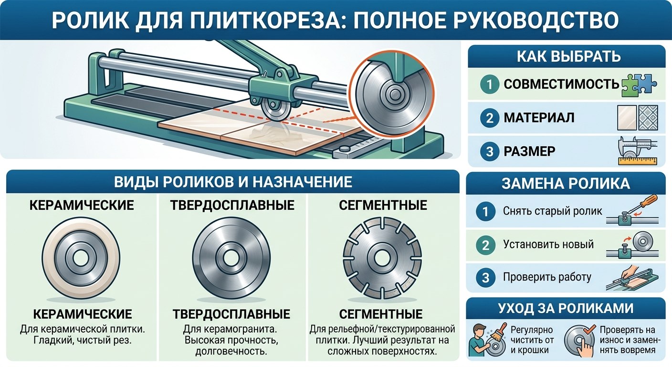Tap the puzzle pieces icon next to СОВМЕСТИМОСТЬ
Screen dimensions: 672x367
639,85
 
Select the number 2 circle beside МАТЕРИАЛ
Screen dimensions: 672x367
489,118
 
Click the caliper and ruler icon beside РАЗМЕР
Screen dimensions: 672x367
638,151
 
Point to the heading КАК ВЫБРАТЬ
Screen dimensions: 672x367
568,56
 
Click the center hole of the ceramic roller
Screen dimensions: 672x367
81,258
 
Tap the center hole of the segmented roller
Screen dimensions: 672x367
382,258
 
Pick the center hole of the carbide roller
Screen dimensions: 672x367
231,258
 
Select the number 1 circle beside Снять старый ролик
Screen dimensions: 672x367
485,211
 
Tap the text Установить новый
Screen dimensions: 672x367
548,244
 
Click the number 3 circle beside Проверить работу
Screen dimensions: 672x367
485,278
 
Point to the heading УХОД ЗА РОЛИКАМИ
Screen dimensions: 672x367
566,308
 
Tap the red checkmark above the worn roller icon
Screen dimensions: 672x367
588,329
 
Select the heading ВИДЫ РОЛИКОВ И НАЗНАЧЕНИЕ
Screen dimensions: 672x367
233,182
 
